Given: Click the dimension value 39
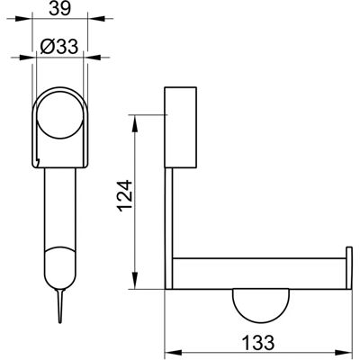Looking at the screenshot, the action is click(x=60, y=8).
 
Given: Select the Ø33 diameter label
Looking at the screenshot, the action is click(x=59, y=47).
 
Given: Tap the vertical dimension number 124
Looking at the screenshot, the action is click(x=125, y=195).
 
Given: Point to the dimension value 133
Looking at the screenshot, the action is click(x=258, y=343).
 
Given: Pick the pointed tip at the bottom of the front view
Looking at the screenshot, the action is click(x=60, y=323).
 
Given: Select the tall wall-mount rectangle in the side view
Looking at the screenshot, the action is click(x=180, y=127).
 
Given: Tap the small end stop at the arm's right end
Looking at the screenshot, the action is click(x=349, y=268).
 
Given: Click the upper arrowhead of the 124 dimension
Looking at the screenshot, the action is click(x=135, y=123).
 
